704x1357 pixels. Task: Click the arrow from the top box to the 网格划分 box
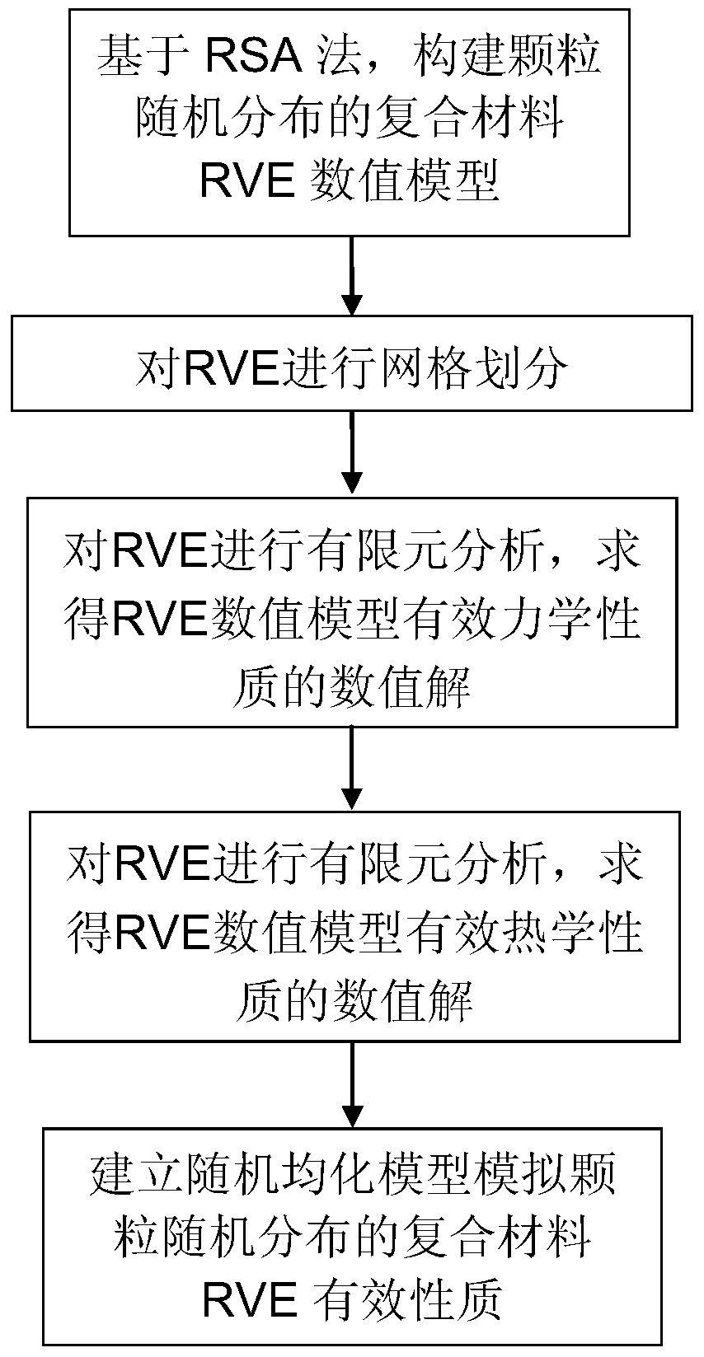point(352,275)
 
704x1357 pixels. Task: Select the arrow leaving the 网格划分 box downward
point(352,454)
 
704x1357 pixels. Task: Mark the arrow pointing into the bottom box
point(352,1084)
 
